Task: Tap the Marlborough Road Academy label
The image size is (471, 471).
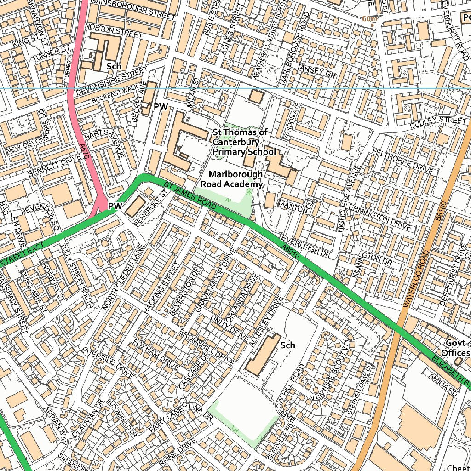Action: [x=235, y=179]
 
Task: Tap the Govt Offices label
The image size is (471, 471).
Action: [x=455, y=348]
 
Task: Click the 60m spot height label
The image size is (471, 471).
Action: [x=370, y=19]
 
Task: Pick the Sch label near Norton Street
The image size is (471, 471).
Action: [x=114, y=66]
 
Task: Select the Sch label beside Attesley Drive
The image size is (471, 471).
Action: [x=287, y=345]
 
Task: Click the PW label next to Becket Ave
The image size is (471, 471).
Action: [x=161, y=107]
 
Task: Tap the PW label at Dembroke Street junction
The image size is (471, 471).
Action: [x=115, y=207]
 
